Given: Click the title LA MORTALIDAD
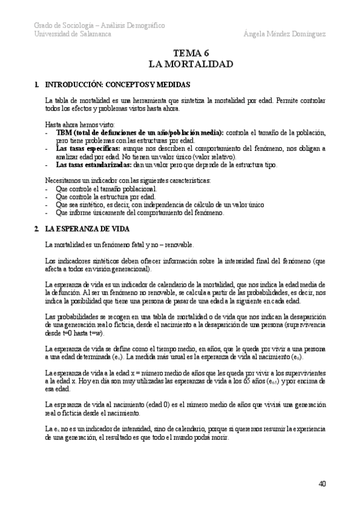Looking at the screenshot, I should click(x=191, y=63).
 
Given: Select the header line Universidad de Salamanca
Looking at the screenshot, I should click(x=72, y=34).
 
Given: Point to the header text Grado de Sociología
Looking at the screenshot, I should click(x=59, y=25).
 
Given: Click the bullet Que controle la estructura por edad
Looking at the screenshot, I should click(x=105, y=196).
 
